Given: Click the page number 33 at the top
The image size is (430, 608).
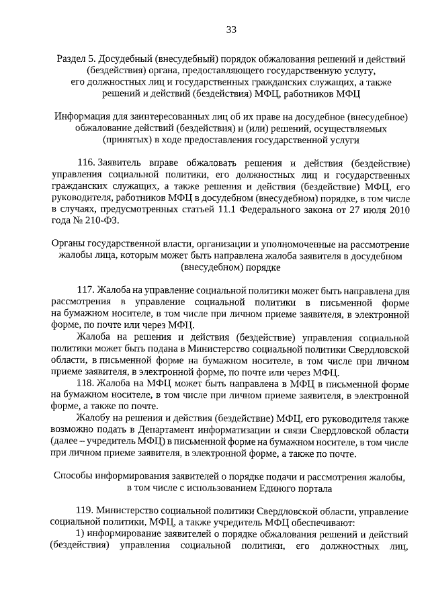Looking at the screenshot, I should tap(230, 29).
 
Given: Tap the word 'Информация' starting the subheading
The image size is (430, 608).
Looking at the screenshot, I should tap(81, 117).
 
